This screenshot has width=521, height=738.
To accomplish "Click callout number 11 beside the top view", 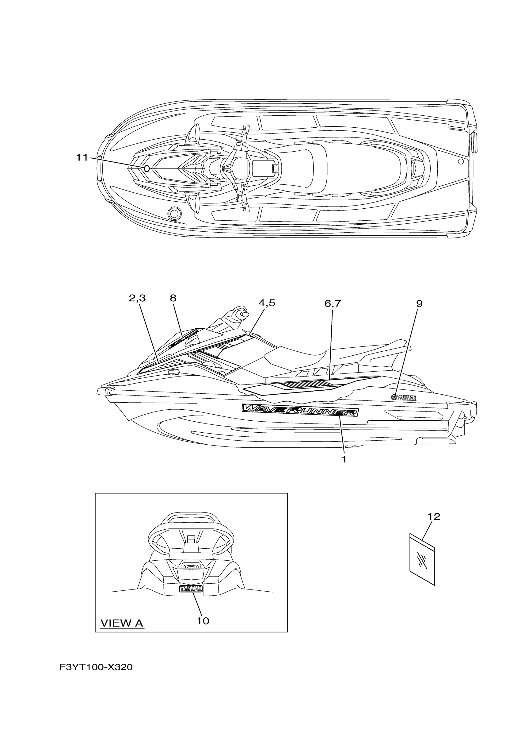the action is (82, 157).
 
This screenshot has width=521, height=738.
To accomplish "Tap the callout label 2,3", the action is (137, 298).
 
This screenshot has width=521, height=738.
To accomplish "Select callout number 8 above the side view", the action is (173, 298).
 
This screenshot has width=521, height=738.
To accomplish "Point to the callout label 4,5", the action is (267, 303).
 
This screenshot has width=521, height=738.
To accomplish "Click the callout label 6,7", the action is (333, 303).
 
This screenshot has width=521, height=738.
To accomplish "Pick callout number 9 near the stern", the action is (419, 303).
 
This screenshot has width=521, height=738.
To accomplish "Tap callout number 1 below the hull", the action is (344, 460).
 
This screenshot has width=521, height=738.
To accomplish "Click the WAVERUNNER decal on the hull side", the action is (300, 410).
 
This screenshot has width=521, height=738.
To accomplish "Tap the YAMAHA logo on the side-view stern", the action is (404, 398).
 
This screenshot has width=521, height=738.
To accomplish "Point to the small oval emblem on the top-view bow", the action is (147, 168).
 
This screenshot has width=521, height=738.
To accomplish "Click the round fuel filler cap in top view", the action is (174, 213).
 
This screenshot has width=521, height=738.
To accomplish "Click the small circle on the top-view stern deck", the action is (461, 161).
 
